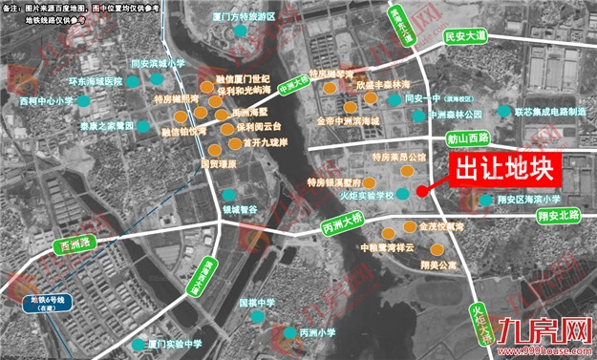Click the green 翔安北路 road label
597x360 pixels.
[x=559, y=216]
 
